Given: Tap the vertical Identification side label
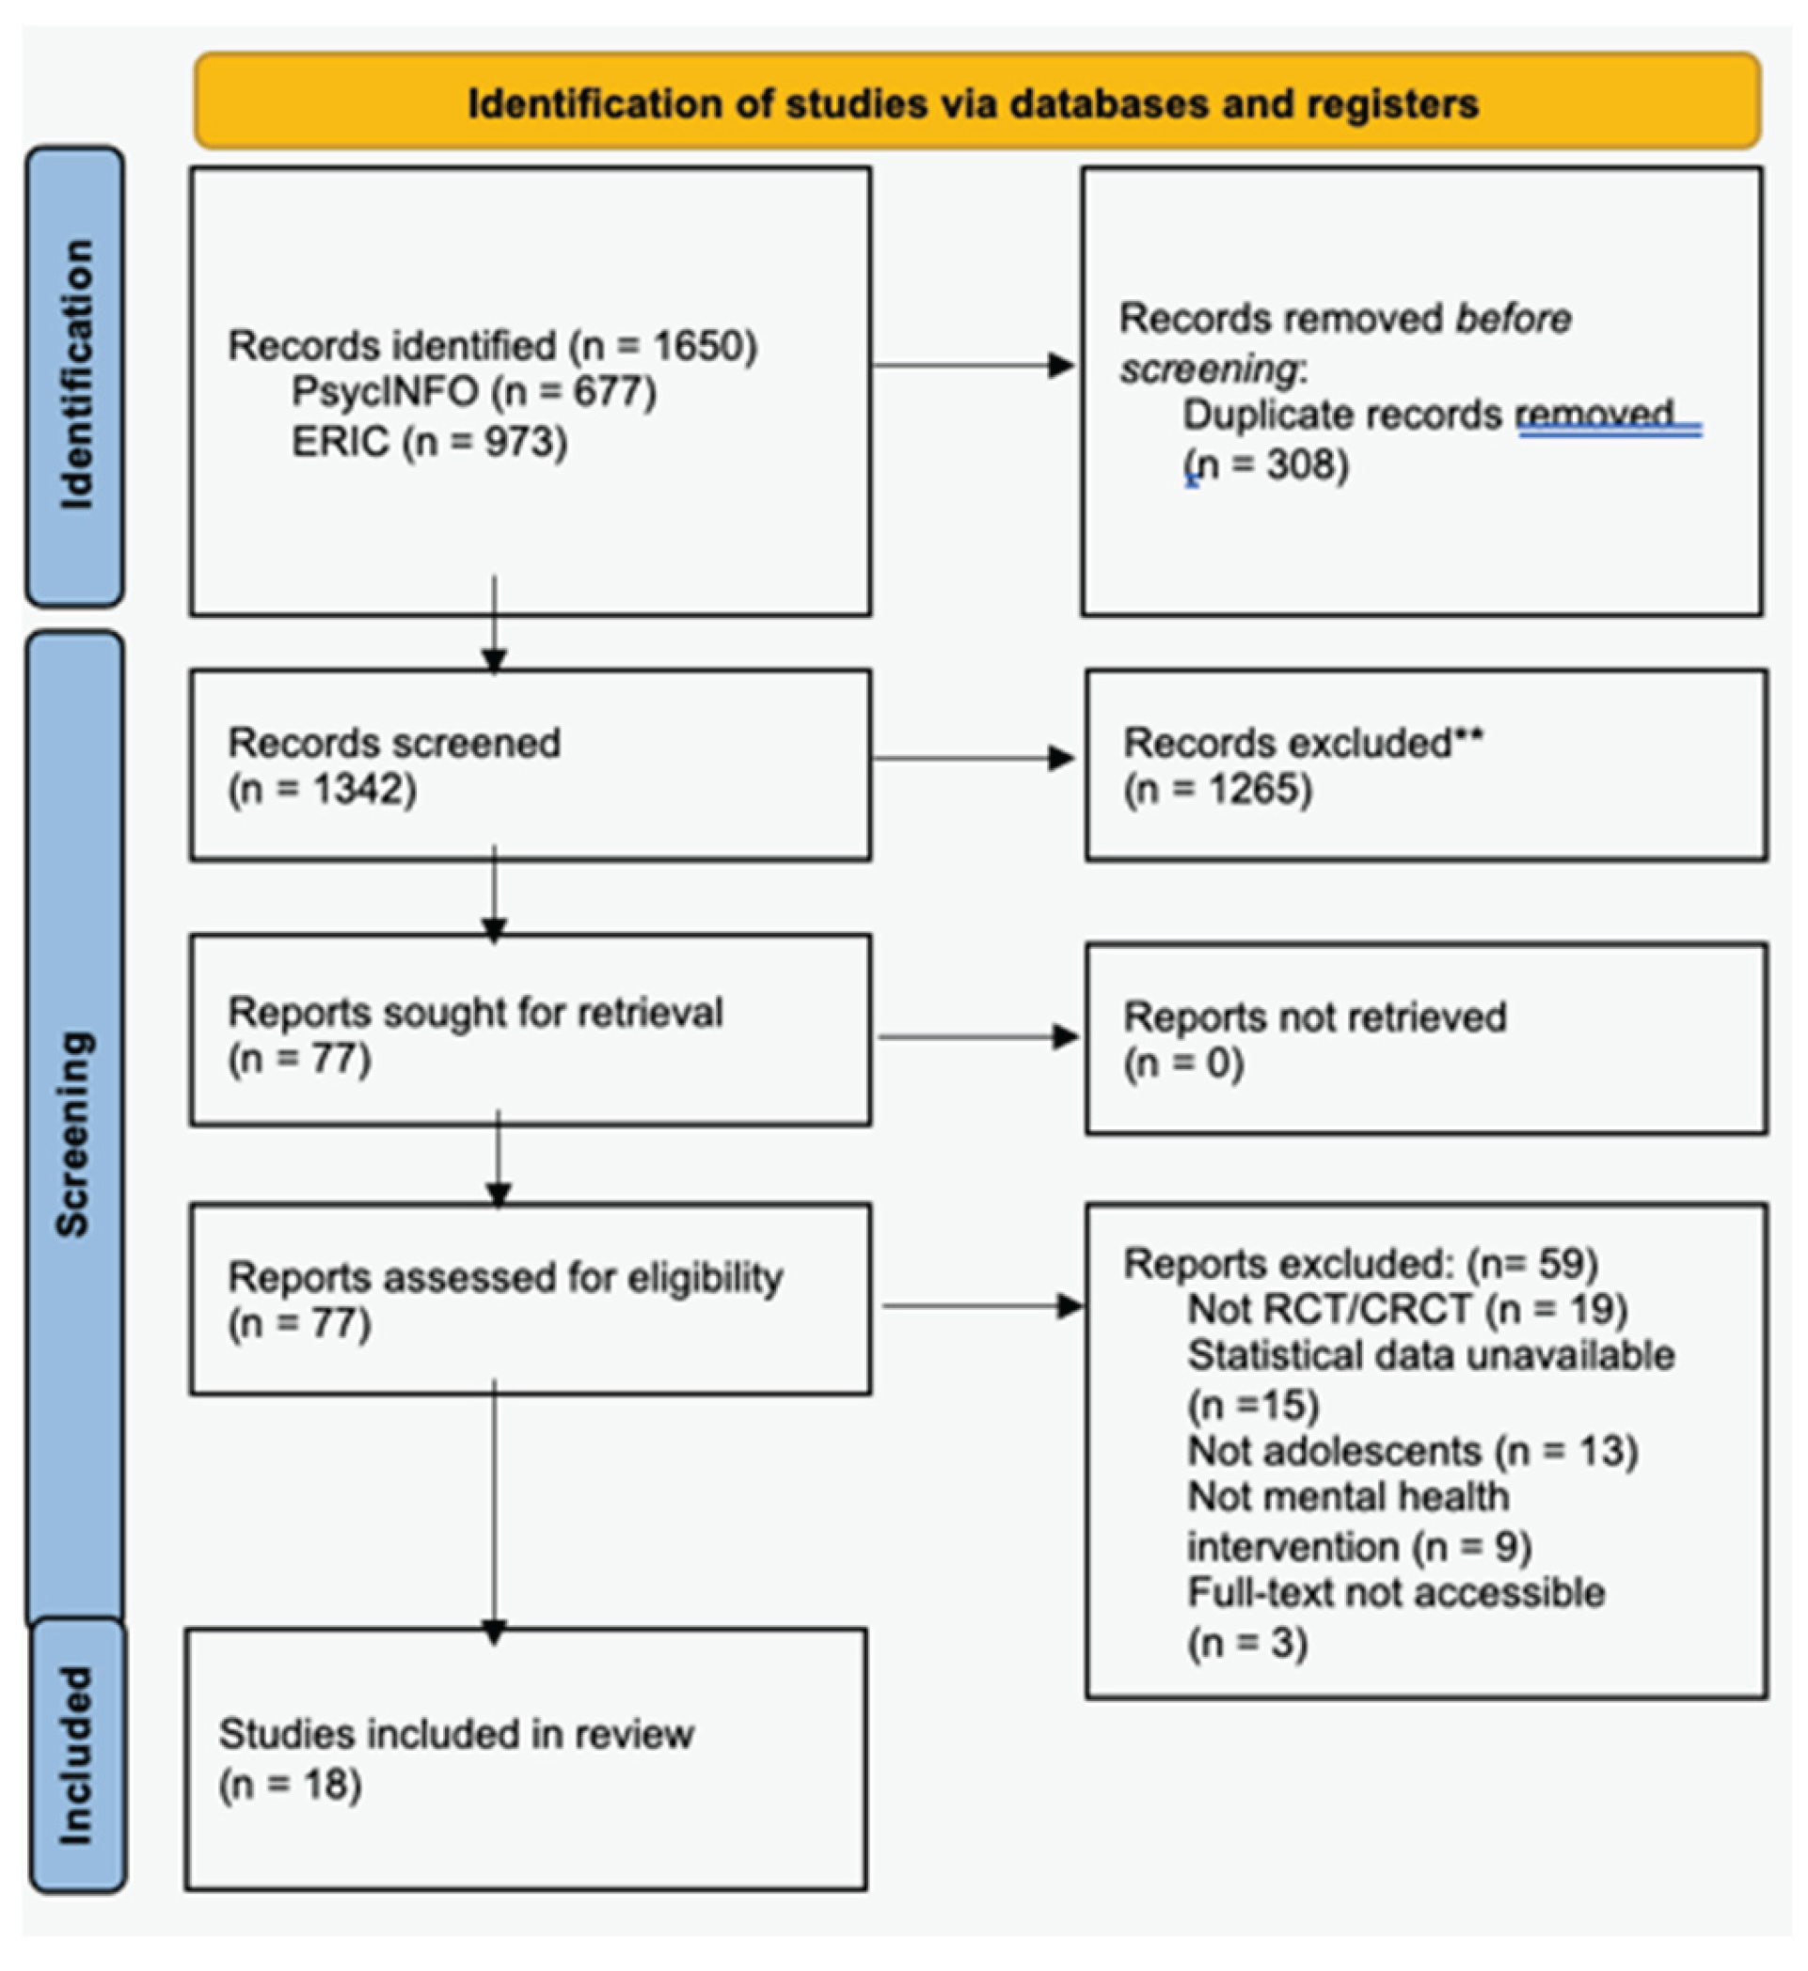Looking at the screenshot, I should point(76,375).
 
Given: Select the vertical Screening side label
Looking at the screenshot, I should point(74,1135).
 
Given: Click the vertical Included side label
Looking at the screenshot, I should point(76,1757).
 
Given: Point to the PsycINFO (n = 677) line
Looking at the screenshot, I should point(473,392).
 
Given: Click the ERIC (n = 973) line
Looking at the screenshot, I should point(430,442).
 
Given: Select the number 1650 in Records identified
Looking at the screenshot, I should point(699,345).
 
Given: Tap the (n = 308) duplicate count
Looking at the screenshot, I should point(1266,464).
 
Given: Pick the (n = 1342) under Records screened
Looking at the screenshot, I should point(323,789).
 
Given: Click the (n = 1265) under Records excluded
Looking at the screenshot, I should point(1217,789).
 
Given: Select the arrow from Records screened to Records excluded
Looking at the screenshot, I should point(974,758).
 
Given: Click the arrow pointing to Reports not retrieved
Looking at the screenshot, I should point(978,1037).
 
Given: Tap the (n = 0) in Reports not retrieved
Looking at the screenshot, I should point(1183,1064).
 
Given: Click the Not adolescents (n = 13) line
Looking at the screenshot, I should point(1413,1452).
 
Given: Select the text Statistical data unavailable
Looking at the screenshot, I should point(1431,1357).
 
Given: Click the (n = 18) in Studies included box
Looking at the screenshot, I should point(291,1785).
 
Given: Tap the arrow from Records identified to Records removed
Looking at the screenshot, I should point(974,366).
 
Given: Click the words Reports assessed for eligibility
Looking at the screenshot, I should point(505,1277).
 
